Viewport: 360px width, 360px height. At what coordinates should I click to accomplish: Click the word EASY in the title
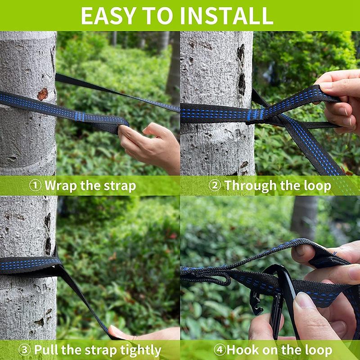[108, 16]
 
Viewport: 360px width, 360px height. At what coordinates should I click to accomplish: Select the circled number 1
[36, 185]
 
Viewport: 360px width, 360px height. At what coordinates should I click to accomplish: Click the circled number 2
[215, 185]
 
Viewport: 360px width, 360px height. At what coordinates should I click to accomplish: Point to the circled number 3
[25, 350]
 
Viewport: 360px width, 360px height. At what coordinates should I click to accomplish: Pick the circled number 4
[220, 350]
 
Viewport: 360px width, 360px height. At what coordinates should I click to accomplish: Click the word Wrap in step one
[61, 186]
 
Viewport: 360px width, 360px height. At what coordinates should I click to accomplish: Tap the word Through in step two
[250, 186]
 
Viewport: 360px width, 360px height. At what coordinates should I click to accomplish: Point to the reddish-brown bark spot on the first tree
[43, 94]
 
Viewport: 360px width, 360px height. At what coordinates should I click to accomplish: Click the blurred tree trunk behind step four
[305, 218]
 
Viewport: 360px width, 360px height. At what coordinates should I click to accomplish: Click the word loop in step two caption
[318, 186]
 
